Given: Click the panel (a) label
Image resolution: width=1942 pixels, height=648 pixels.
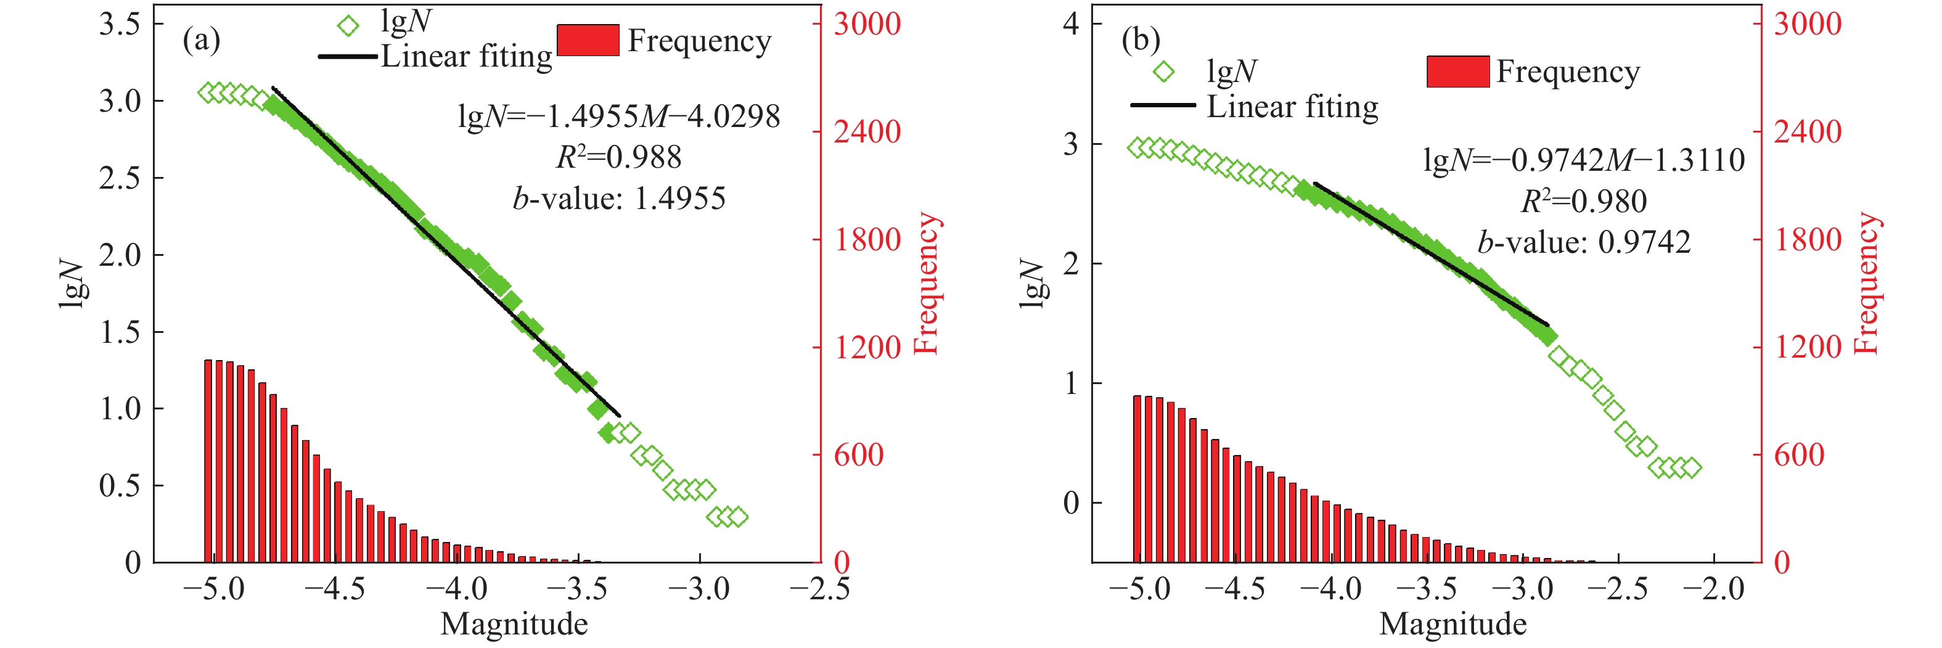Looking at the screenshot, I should pos(201,39).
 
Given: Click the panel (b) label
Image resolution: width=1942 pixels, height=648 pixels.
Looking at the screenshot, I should pos(1141,39).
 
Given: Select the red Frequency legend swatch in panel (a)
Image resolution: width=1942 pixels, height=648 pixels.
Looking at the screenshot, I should pos(588,40).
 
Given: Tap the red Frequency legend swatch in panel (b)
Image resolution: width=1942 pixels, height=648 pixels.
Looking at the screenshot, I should pos(1457,72).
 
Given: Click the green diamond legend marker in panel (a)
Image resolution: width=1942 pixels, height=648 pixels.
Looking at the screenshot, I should pos(348,27).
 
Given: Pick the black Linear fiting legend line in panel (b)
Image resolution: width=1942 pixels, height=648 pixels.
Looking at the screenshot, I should pos(1163,105).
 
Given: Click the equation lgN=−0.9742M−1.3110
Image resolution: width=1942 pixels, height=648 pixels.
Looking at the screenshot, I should pos(1583,160).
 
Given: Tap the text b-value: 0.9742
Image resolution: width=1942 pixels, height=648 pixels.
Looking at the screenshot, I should pos(1583,242).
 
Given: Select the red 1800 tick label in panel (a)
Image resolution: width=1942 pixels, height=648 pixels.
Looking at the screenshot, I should pos(867,240).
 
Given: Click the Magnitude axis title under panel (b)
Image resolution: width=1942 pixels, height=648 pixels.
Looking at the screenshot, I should pos(1452,625).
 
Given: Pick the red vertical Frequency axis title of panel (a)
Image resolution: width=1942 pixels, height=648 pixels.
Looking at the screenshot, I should pos(926,283).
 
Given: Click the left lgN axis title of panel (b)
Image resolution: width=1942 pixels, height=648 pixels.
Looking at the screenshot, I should pos(1031,284).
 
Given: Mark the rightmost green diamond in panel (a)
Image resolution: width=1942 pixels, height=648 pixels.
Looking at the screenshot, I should pos(737,517).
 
